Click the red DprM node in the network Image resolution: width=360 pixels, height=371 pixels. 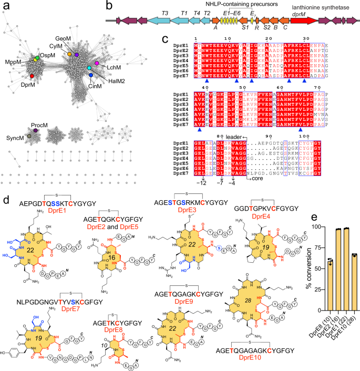point(32,77)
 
